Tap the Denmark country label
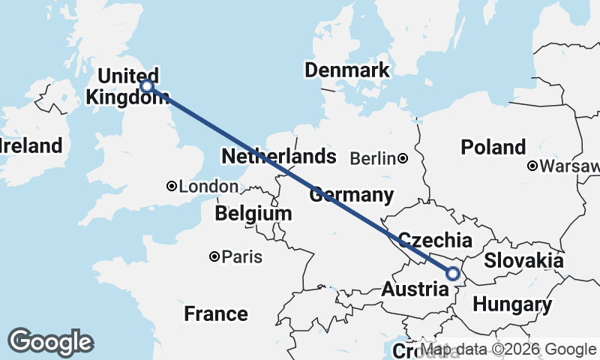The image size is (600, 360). pyautogui.click(x=347, y=70)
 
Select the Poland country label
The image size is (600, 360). pyautogui.click(x=493, y=147)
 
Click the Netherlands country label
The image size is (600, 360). pyautogui.click(x=279, y=157)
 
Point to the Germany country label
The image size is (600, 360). pyautogui.click(x=352, y=195)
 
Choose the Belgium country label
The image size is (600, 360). pyautogui.click(x=253, y=214)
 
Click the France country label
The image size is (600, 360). pyautogui.click(x=216, y=313)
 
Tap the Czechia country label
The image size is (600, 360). pyautogui.click(x=435, y=240)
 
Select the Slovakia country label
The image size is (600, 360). pyautogui.click(x=523, y=260)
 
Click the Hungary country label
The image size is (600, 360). pyautogui.click(x=512, y=305)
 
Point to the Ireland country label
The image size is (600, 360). pyautogui.click(x=30, y=145)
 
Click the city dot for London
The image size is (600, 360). pyautogui.click(x=172, y=186)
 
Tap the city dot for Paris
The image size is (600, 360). pyautogui.click(x=214, y=257)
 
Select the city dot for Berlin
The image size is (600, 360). pyautogui.click(x=403, y=158)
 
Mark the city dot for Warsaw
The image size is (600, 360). pyautogui.click(x=532, y=166)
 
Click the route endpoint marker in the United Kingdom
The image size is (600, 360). pyautogui.click(x=148, y=86)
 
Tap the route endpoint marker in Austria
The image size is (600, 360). pyautogui.click(x=453, y=274)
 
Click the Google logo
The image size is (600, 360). pyautogui.click(x=50, y=342)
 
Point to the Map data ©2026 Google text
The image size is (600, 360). pyautogui.click(x=508, y=349)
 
